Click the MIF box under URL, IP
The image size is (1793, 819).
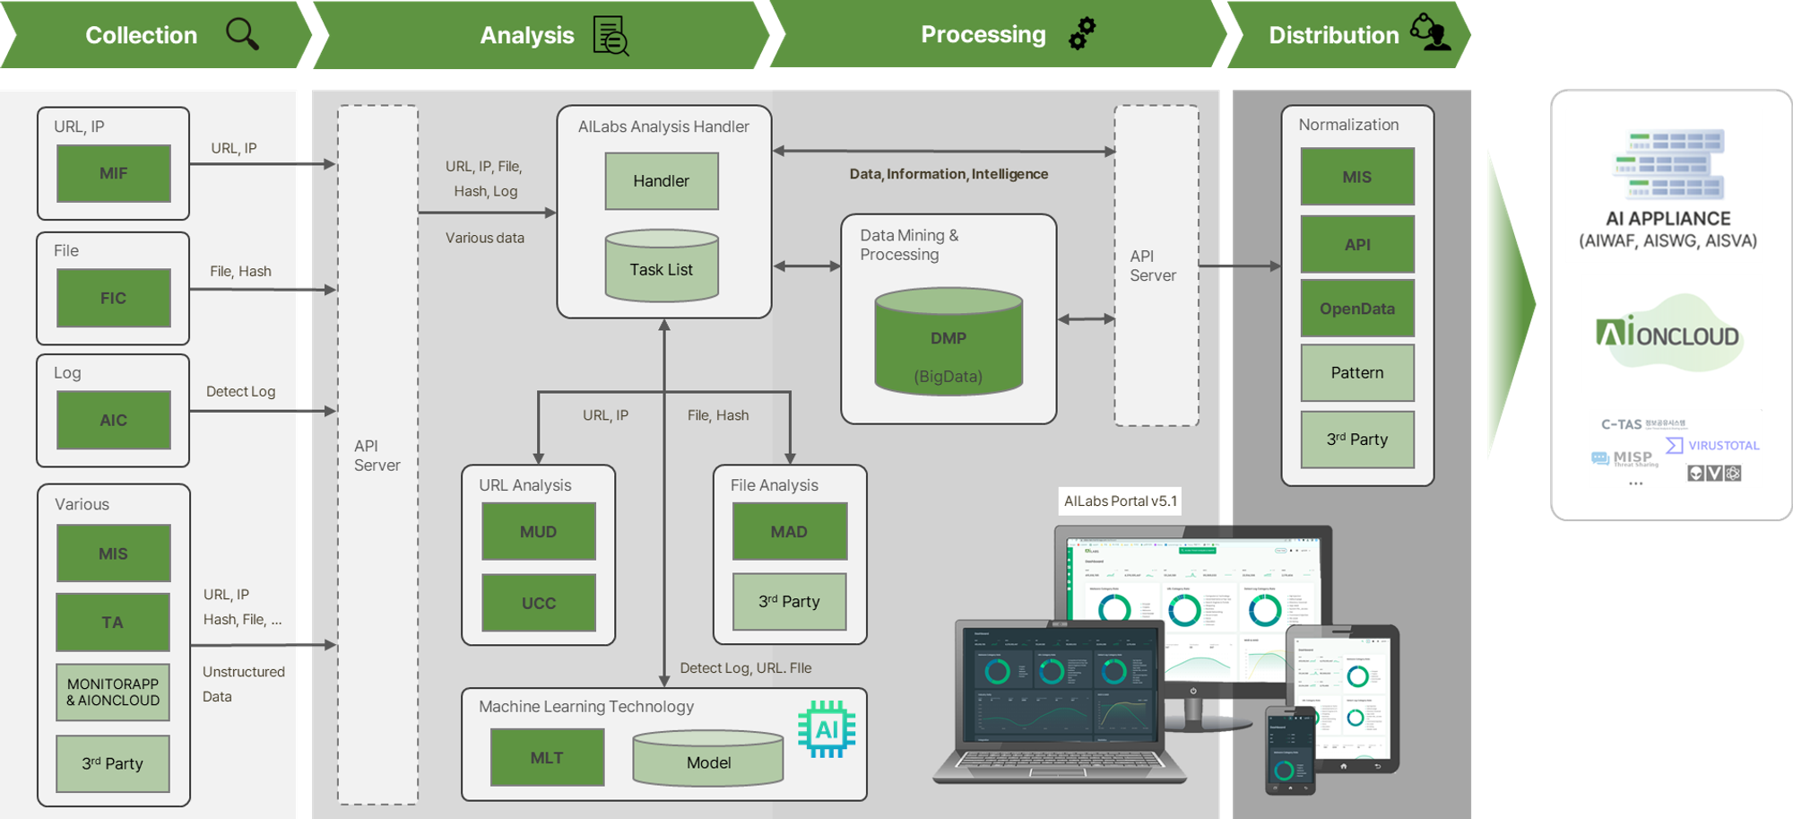coord(114,173)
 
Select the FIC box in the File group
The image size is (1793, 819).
coord(114,298)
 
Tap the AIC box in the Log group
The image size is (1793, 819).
coord(114,420)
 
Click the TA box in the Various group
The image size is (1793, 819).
coord(113,622)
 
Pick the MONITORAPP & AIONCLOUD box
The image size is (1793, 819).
coord(113,692)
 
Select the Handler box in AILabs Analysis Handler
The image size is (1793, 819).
coord(662,181)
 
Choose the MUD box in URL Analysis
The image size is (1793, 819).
coord(539,531)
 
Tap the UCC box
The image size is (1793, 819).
coord(539,603)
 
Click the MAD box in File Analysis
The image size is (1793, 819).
coord(790,531)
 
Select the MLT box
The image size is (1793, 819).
coord(547,758)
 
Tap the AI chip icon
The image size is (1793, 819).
coord(827,728)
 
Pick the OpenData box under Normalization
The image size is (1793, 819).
coord(1357,309)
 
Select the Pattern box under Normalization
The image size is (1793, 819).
coord(1357,372)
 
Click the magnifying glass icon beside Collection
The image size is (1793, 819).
coord(242,34)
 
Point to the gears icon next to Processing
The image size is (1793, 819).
coord(1082,33)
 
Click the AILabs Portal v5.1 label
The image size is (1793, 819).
coord(1121,501)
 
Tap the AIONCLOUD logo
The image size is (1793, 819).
coord(1669,334)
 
